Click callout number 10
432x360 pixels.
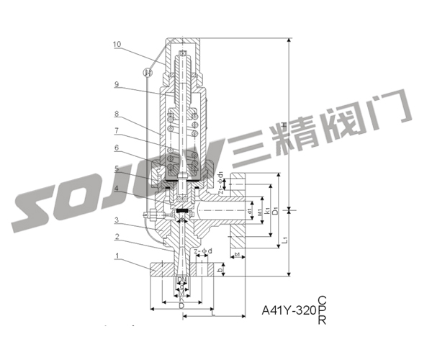tap(117, 44)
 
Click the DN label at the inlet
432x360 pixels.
tap(181, 279)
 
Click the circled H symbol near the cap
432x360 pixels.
tap(148, 72)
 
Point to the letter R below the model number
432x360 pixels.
tap(322, 322)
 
